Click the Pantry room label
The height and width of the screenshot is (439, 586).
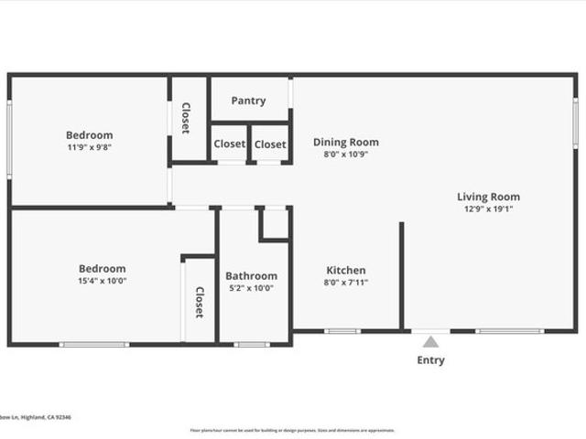[248, 101]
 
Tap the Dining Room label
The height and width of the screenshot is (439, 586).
[345, 142]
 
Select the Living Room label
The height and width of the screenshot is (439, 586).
[488, 197]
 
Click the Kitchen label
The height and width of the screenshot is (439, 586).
[346, 270]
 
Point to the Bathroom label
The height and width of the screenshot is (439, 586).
[251, 276]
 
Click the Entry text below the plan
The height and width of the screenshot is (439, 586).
[430, 360]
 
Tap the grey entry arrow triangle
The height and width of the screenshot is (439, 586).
[430, 342]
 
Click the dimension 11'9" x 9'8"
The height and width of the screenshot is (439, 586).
[89, 147]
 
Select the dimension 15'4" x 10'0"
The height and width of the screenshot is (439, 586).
[102, 281]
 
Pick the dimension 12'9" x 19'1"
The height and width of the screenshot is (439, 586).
[488, 209]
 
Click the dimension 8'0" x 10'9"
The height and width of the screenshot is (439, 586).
[345, 155]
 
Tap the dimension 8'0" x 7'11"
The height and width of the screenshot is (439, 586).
[346, 283]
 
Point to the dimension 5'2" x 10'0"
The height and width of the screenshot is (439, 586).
[251, 288]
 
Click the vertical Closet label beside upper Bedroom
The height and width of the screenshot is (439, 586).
[186, 117]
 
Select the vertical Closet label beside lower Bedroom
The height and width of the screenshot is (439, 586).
[200, 303]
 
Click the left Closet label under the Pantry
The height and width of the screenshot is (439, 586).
[229, 145]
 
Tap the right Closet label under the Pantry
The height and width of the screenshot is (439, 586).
[270, 145]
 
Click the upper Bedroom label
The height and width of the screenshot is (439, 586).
[89, 135]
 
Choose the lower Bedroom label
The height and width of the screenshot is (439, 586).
[102, 269]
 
